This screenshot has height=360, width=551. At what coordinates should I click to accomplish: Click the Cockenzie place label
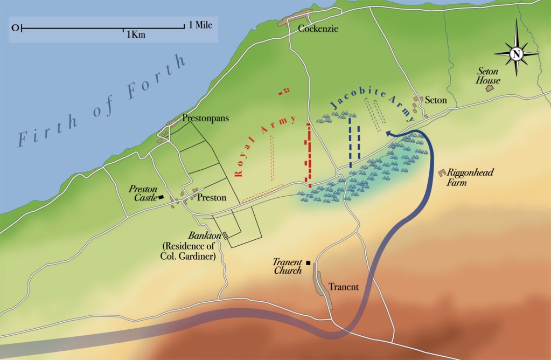click(318, 29)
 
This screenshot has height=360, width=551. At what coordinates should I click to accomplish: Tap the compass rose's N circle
click(516, 53)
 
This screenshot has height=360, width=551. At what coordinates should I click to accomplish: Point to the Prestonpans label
click(203, 117)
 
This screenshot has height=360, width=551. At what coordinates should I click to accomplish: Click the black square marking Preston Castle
click(161, 198)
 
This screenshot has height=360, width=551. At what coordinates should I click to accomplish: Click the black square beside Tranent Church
click(308, 263)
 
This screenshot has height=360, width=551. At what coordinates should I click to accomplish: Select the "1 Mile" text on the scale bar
click(201, 25)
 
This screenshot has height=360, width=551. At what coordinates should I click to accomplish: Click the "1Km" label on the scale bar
click(136, 34)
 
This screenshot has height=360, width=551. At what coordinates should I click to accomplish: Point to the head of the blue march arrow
click(388, 135)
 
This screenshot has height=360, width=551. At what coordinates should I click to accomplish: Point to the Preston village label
click(212, 198)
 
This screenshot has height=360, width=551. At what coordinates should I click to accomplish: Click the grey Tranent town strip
click(323, 289)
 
